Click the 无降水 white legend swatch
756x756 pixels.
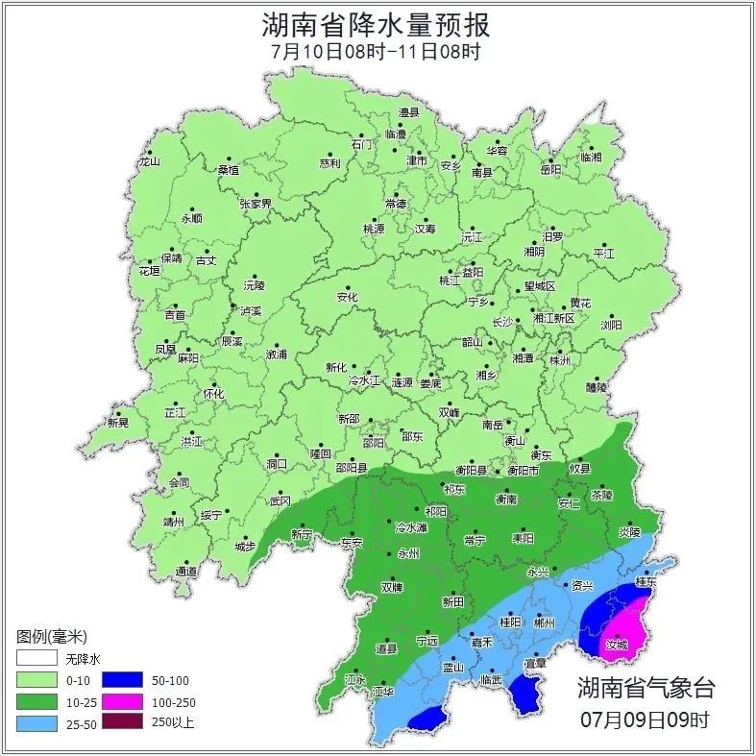(x=36, y=659)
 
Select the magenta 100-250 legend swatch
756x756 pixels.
(x=122, y=701)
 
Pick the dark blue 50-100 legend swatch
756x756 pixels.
(x=122, y=680)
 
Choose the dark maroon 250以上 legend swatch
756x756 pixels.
(x=122, y=722)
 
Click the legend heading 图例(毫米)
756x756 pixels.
(x=52, y=636)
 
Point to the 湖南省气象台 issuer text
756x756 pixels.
(x=646, y=687)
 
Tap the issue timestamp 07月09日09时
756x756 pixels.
(x=646, y=719)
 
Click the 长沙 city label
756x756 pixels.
(x=502, y=322)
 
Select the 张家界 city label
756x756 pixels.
(x=256, y=204)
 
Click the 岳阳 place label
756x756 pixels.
(x=550, y=170)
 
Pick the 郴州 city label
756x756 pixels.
(x=545, y=622)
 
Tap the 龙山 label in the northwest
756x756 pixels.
(x=149, y=161)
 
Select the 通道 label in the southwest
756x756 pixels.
(x=186, y=572)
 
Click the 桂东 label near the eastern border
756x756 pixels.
(x=646, y=581)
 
